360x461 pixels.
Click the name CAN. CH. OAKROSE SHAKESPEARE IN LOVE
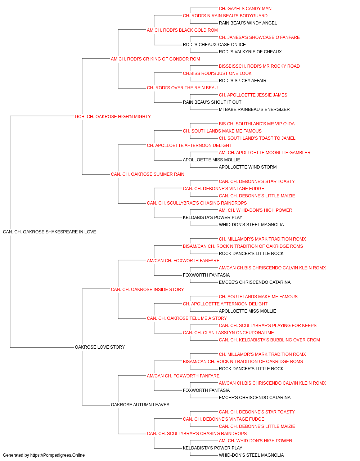coord(49,232)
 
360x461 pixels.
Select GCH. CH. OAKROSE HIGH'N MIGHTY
coord(113,117)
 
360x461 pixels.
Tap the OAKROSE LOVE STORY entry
coord(100,347)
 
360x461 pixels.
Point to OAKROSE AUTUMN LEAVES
coord(140,405)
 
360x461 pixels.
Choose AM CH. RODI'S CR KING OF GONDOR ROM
coord(156,59)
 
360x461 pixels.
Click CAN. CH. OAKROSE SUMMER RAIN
coord(148,174)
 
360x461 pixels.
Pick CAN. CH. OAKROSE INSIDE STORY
coord(147,290)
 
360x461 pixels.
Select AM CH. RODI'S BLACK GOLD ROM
coord(182,30)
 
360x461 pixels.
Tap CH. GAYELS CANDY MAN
coord(245,9)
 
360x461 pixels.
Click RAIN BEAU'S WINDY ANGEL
coord(248,23)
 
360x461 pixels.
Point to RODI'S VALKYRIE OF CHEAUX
coord(250,52)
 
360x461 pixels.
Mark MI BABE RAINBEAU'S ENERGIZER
coord(254,109)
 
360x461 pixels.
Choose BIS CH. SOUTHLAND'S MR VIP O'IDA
coord(257,124)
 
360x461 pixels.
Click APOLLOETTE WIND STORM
coord(248,167)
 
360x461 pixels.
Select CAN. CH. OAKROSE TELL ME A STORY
coord(187,318)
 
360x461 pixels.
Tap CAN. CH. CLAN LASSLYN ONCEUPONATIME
coord(228,333)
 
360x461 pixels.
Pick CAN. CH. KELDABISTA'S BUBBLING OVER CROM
coord(269,340)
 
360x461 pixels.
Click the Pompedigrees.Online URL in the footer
coord(58,455)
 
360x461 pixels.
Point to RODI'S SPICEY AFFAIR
coord(243,81)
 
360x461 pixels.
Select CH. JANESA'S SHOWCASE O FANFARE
coord(259,37)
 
